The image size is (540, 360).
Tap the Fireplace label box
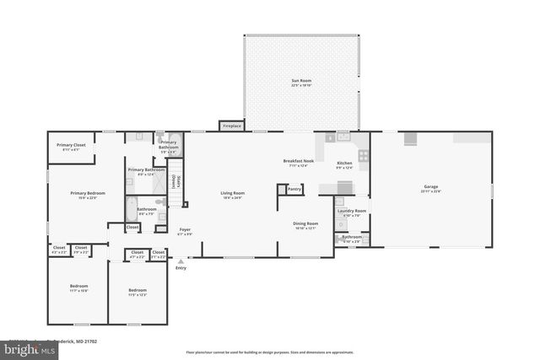click(231, 126)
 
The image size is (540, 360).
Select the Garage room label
click(430, 188)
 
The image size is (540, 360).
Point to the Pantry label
click(294, 189)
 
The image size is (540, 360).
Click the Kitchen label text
click(344, 164)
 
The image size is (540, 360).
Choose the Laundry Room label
click(351, 212)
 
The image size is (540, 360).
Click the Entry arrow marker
click(181, 262)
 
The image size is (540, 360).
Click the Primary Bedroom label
click(88, 195)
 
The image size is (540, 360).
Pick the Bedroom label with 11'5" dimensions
click(138, 292)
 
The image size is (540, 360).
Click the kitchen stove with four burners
click(363, 155)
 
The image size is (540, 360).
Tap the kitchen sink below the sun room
click(343, 136)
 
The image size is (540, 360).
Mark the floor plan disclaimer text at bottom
click(269, 352)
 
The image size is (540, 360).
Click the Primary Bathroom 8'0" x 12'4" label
click(146, 171)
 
